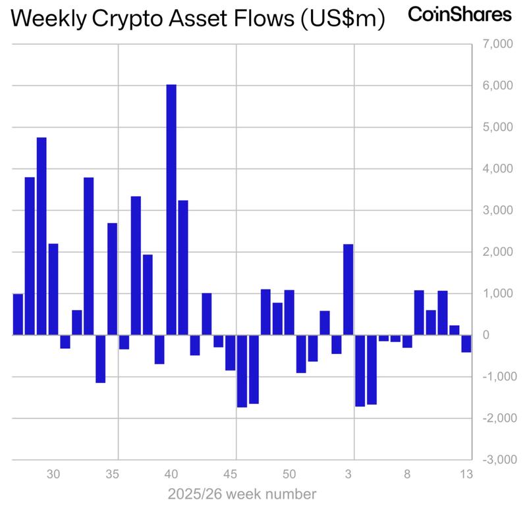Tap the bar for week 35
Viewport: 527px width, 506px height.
[112, 279]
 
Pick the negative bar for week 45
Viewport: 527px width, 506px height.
[230, 353]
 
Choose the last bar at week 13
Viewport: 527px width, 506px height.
[466, 343]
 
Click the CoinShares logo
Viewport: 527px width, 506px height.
[460, 14]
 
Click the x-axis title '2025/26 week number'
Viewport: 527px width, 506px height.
[242, 493]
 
